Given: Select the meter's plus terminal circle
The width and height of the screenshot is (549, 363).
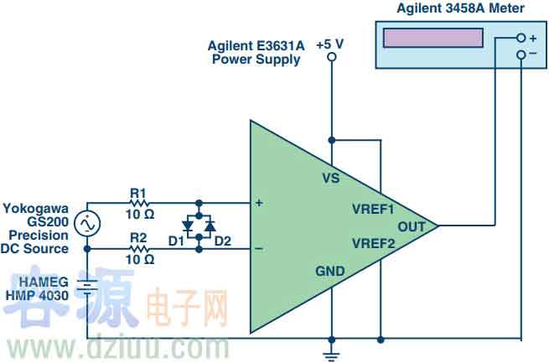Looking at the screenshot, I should pos(521,38).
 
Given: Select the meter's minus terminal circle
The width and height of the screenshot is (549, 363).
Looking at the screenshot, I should pos(521,54).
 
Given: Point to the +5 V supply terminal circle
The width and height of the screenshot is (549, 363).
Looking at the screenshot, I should pos(331,57).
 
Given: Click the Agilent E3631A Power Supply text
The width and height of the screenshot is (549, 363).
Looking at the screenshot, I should pos(255,53).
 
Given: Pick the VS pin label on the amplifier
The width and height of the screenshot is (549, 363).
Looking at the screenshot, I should pos(332,178).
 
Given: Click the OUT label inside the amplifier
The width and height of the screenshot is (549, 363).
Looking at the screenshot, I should pos(412,226).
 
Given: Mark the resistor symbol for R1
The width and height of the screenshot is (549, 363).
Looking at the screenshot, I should pos(137,203).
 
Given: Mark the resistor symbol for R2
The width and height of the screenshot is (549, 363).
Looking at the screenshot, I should pos(137,248).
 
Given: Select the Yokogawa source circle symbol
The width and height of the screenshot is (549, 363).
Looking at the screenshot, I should pos(87,225).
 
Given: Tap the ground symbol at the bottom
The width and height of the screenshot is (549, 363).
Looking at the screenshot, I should pos(332,355).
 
